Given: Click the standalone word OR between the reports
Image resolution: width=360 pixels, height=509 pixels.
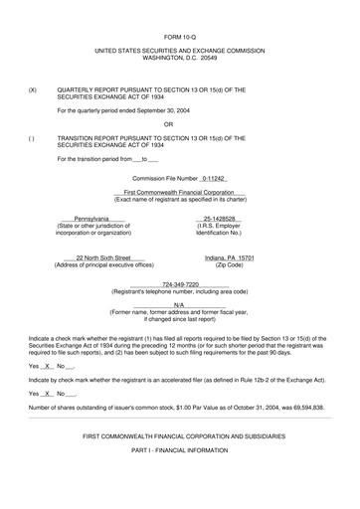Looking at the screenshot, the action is (180, 124).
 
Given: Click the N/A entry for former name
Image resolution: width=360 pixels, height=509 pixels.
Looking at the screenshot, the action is (179, 305).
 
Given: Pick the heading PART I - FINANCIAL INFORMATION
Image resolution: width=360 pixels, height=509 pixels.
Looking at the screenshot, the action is (180, 452).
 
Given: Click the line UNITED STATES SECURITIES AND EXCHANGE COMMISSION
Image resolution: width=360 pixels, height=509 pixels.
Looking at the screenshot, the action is (180, 47).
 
